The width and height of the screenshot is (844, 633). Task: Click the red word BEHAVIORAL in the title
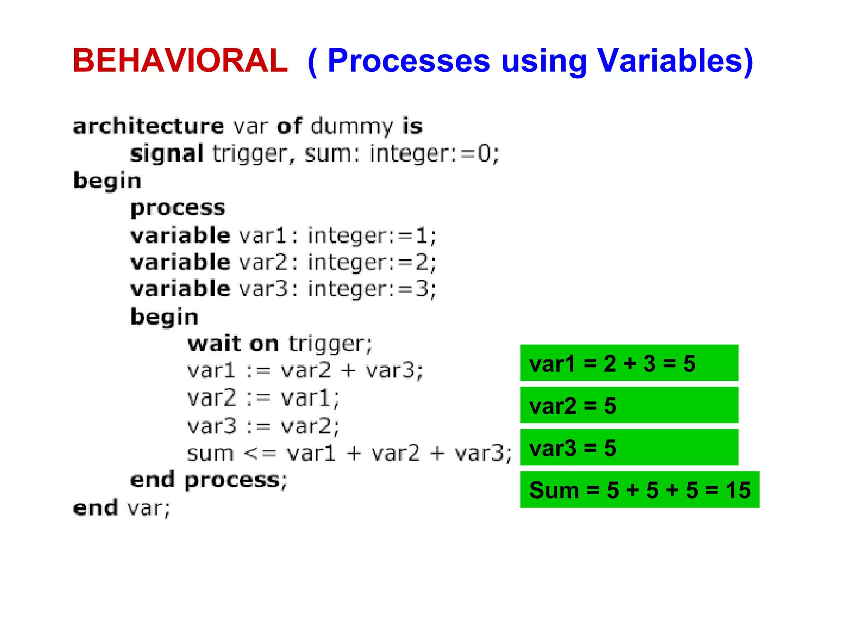(180, 61)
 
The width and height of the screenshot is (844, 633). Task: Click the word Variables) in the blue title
(675, 61)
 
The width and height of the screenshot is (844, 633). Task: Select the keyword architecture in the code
(148, 126)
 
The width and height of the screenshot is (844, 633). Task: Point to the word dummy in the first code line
(352, 126)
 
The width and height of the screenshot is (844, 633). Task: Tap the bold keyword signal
(167, 154)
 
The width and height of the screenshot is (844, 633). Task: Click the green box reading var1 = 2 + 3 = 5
(629, 363)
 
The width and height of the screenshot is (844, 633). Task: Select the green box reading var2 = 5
(629, 406)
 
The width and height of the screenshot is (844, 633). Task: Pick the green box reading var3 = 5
(629, 448)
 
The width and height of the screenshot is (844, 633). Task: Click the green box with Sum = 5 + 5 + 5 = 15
(640, 490)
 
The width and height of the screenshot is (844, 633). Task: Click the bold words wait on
(233, 344)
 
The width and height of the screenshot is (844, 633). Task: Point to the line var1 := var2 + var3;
(305, 370)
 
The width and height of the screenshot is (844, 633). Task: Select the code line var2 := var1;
(263, 398)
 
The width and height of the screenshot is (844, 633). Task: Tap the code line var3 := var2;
(263, 426)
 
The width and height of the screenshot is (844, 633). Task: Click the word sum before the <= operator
(210, 453)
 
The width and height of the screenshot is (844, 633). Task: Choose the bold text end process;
(209, 480)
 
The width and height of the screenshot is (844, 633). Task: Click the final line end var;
(122, 508)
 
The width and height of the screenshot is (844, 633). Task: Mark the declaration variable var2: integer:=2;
(283, 263)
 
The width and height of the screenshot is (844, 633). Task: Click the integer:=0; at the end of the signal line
(434, 154)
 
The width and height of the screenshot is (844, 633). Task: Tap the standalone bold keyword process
(178, 208)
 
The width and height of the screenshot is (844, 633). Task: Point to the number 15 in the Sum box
(738, 490)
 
